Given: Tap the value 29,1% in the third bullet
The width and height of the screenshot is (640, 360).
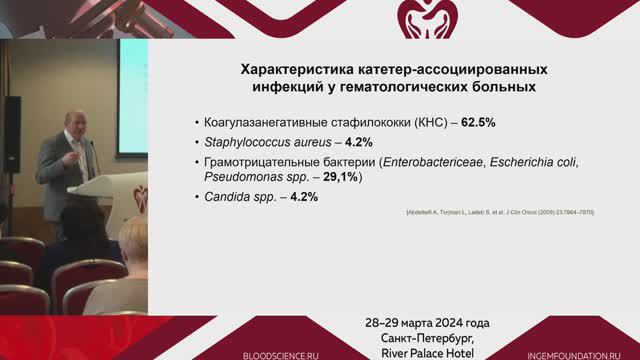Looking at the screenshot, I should click(341, 177).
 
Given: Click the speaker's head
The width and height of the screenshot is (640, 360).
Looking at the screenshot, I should click(76, 123).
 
